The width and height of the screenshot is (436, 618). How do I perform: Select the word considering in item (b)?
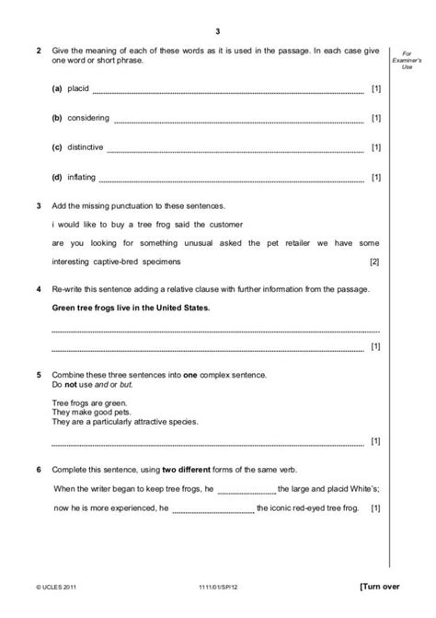tap(88, 118)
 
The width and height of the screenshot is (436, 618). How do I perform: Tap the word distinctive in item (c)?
tap(86, 147)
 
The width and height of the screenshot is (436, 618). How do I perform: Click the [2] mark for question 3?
tap(373, 262)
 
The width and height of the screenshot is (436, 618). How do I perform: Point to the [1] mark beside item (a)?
tap(375, 88)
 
